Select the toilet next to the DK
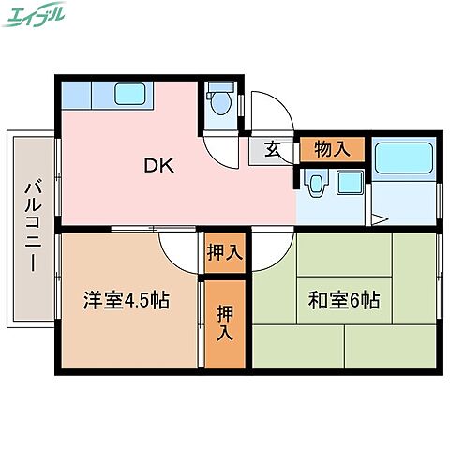[220, 100]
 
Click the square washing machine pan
[350, 182]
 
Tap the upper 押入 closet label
[225, 252]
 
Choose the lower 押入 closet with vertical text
[225, 322]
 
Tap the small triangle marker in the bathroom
[377, 218]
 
